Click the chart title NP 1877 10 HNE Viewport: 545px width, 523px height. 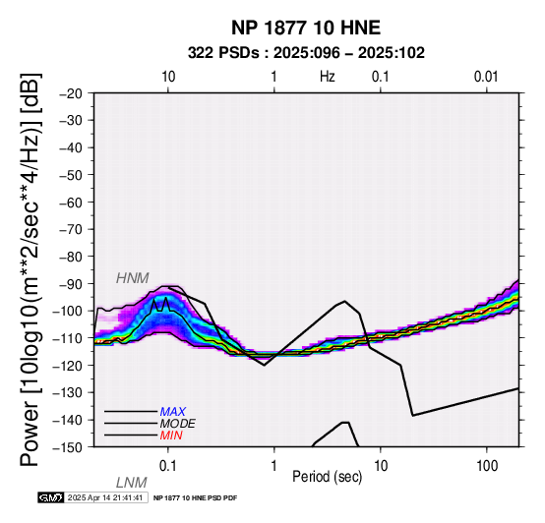(306, 28)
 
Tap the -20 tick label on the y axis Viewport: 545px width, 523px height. (71, 93)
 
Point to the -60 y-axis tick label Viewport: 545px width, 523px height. (71, 203)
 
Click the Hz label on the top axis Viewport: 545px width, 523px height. (328, 77)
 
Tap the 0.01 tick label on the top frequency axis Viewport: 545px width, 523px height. (486, 77)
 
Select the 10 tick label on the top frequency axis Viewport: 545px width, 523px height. (168, 77)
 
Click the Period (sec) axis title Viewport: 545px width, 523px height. (327, 477)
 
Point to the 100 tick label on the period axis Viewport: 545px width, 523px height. (487, 466)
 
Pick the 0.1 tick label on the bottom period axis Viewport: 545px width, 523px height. (167, 466)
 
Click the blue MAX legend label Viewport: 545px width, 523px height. (173, 412)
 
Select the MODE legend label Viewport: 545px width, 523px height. (178, 424)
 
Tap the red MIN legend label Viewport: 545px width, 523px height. (171, 436)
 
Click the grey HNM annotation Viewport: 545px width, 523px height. (133, 278)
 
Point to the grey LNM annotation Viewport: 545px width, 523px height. (132, 483)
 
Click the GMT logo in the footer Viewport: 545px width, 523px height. (51, 498)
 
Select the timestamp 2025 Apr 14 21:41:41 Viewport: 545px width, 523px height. (105, 498)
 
